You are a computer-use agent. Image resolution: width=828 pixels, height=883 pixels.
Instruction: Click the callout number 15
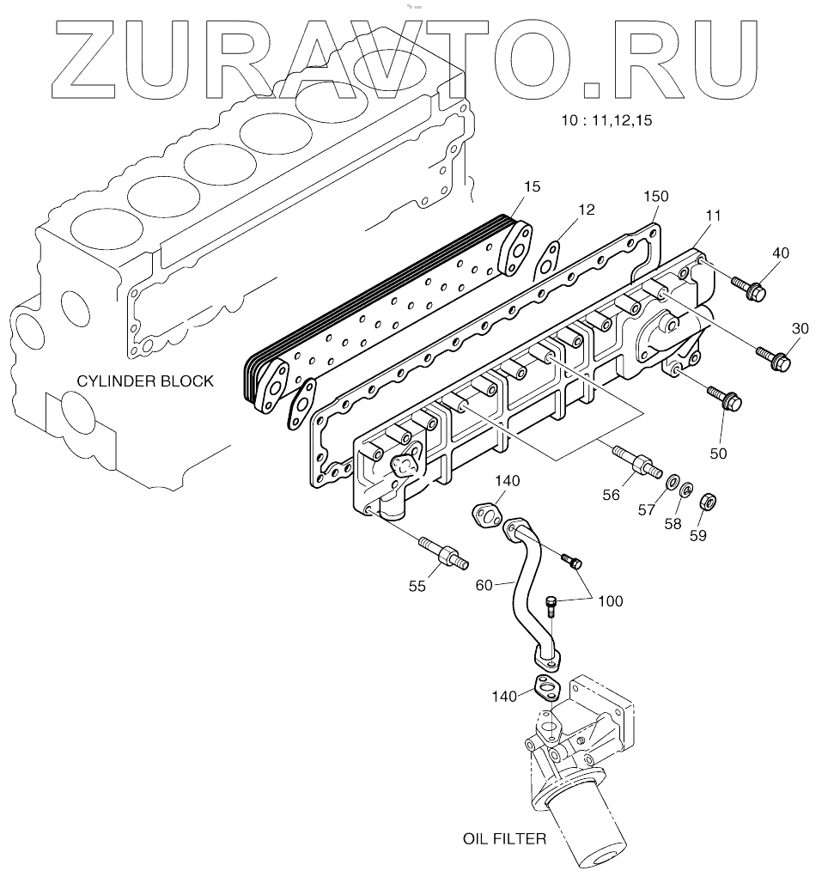coord(533,186)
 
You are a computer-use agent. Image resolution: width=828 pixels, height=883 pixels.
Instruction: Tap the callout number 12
coord(586,210)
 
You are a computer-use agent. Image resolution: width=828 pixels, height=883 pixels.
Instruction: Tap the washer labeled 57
coord(673,481)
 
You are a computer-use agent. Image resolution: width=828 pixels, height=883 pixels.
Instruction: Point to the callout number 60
coord(484,585)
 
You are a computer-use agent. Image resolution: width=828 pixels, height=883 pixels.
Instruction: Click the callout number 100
coord(612,601)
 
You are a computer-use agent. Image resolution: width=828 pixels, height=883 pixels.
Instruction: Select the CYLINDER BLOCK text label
coord(145,381)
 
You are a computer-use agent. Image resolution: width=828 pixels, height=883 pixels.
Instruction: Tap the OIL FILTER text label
coord(504,838)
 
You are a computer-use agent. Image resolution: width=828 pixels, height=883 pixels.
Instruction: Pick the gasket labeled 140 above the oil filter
coord(545,688)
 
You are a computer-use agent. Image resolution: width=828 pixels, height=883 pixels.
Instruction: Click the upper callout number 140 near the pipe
coord(507,483)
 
